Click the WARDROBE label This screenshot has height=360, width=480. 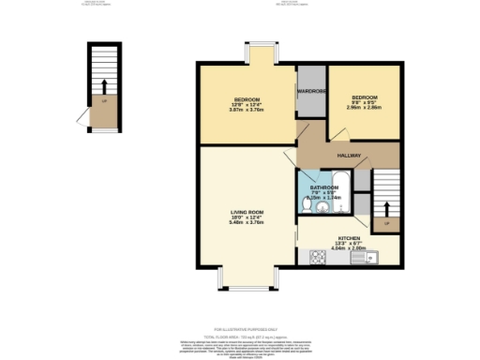[310, 90]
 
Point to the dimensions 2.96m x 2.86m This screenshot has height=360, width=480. [364, 108]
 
